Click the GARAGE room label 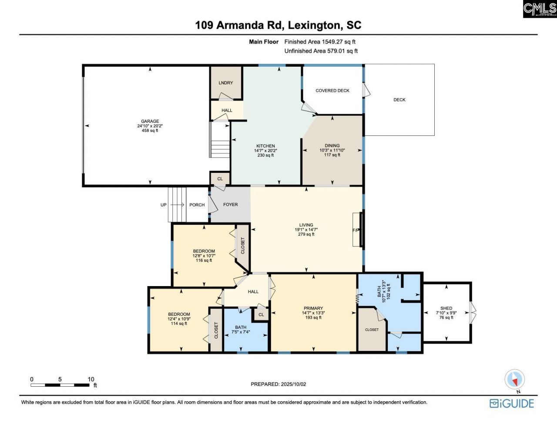point(150,121)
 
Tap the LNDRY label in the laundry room point(226,83)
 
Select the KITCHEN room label point(265,146)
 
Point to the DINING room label point(332,145)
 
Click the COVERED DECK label point(332,91)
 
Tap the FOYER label point(230,204)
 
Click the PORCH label point(197,205)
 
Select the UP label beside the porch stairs point(163,205)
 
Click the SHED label point(446,308)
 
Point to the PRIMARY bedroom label point(313,308)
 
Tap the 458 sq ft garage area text point(150,131)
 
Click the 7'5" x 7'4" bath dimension point(241,332)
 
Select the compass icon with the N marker point(515,380)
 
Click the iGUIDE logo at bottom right point(512,403)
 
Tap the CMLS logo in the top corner point(540,9)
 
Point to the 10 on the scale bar point(91,379)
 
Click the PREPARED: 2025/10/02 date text point(278,384)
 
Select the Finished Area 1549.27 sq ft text point(320,42)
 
